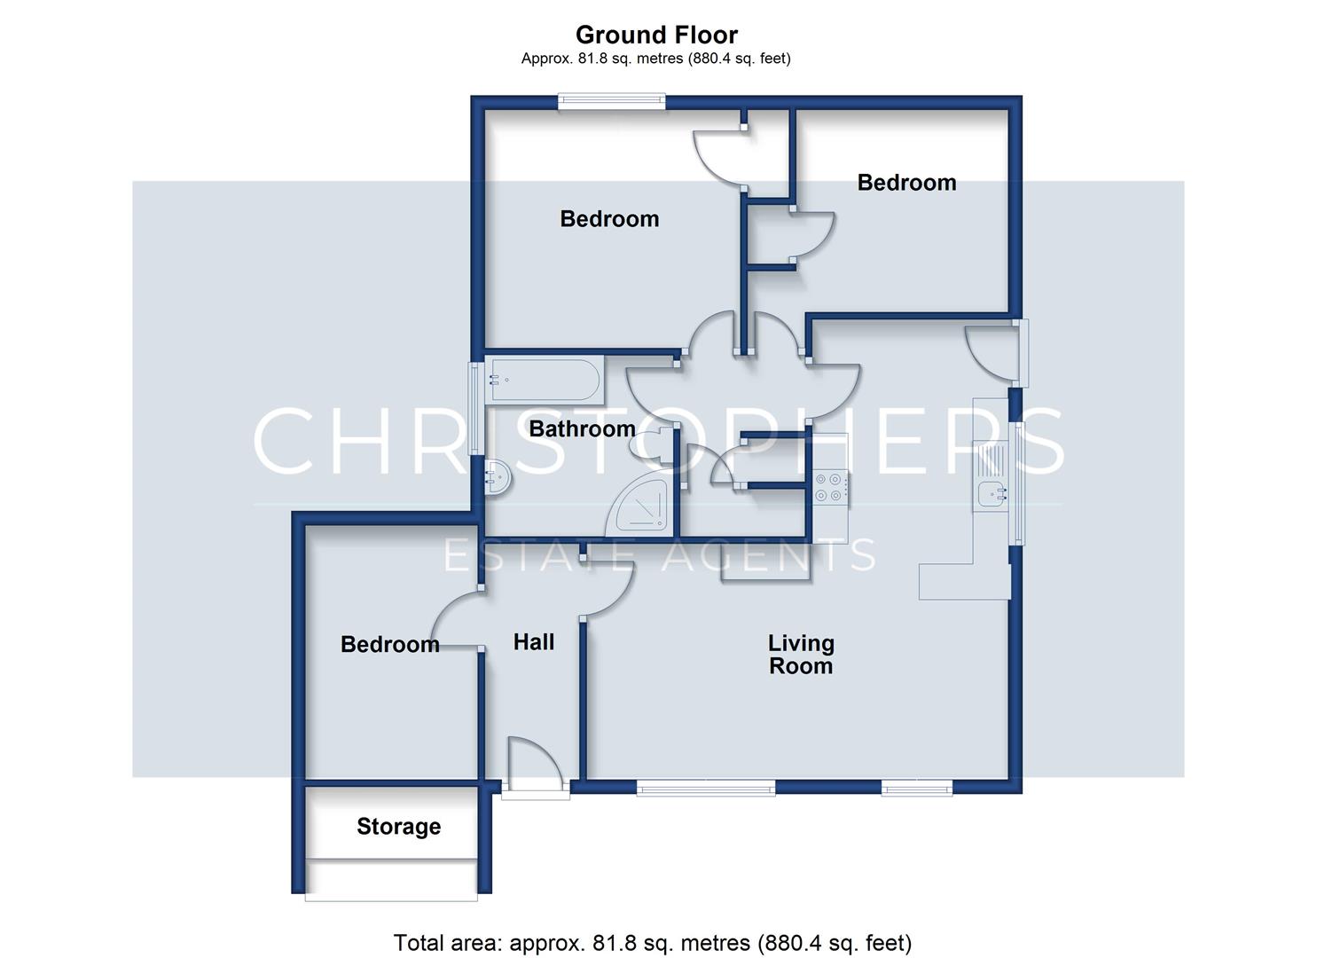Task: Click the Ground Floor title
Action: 656,35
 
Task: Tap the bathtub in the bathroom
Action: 545,381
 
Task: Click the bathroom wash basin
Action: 498,477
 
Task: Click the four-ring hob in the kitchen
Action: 829,487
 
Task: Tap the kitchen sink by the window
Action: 991,477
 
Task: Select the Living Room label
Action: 801,655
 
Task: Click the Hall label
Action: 533,641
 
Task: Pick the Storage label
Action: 398,827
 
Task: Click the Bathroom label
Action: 582,428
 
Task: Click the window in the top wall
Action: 611,102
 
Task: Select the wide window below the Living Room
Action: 706,788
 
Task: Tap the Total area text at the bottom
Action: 653,943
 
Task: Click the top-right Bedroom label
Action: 906,183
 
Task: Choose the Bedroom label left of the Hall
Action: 390,645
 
